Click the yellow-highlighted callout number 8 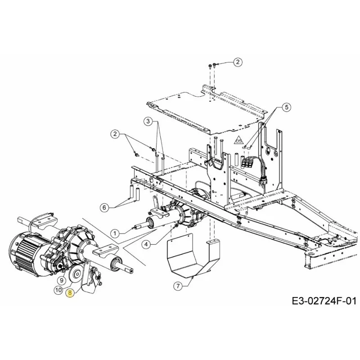click(70, 293)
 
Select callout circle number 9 click(61, 280)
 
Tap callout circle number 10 click(58, 290)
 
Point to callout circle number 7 click(178, 286)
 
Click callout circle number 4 click(146, 244)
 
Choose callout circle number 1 click(115, 234)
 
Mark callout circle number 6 click(104, 207)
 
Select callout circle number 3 click(148, 121)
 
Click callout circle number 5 click(286, 107)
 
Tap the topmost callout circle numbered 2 click(238, 62)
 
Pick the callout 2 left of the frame click(115, 134)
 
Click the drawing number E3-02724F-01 click(324, 301)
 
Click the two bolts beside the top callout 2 click(212, 66)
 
